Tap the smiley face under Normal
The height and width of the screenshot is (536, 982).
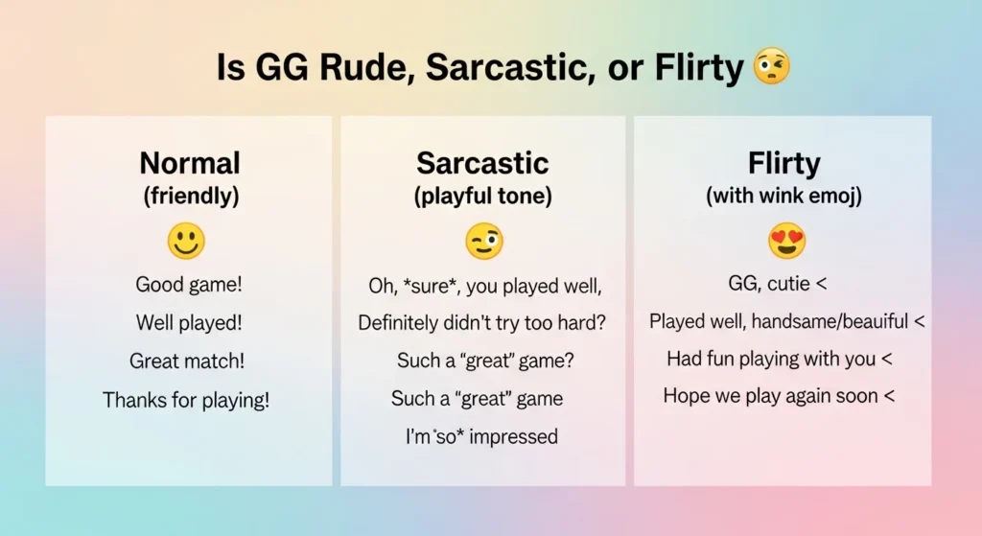coord(186,241)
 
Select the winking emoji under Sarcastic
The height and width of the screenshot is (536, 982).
coord(484,242)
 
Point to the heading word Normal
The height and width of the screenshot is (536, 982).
coord(190,163)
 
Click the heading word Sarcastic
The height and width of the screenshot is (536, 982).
coord(484,163)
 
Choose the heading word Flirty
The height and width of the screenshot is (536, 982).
coord(783,163)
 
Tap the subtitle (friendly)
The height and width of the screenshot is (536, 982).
coord(190,197)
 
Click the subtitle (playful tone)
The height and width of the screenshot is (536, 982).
coord(484,197)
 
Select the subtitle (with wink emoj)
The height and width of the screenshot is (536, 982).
coord(783,197)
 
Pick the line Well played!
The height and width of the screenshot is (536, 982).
coord(187,322)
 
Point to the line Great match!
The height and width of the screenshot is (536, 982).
coord(187,361)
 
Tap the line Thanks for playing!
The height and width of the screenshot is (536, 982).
coord(186,400)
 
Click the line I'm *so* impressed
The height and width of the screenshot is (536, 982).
coord(481,437)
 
